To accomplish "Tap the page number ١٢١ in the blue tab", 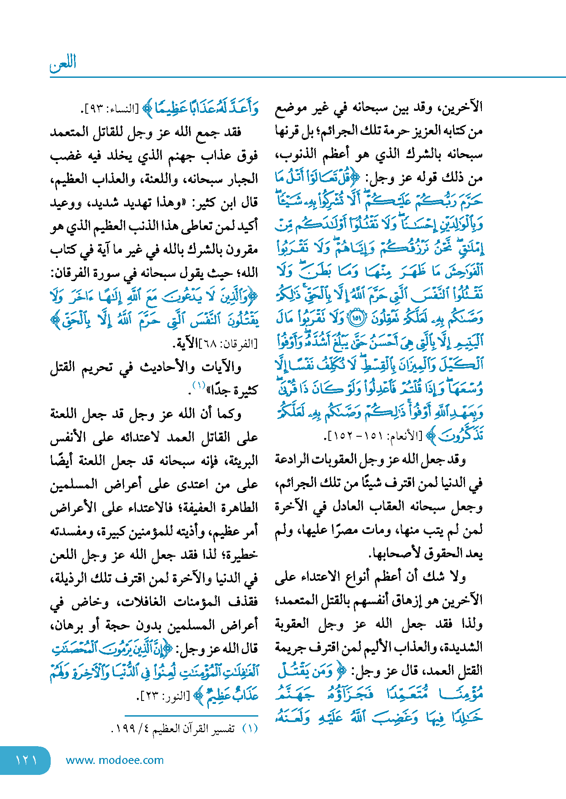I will [26, 760].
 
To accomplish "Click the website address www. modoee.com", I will [115, 760].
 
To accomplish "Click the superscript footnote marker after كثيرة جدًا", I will [199, 385].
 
